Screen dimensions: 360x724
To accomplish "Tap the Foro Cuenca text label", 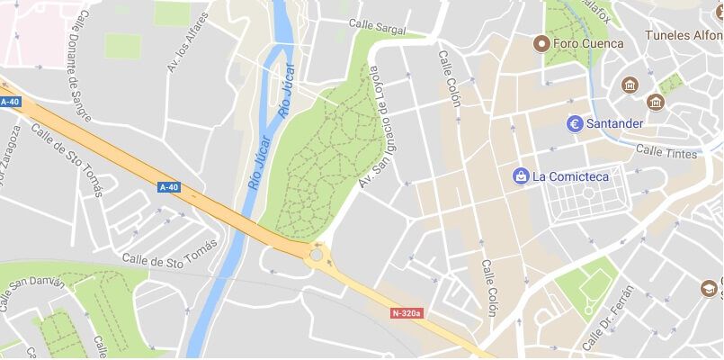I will [x=588, y=42].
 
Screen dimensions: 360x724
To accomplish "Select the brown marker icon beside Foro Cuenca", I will [x=541, y=42].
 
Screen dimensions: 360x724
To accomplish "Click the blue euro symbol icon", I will [x=576, y=122].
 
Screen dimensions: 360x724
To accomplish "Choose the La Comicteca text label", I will [x=570, y=175].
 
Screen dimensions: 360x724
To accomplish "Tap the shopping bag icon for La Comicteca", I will [x=520, y=175].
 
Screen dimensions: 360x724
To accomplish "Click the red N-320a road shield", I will [x=407, y=313].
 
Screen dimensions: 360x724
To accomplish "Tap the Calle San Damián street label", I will [x=32, y=293].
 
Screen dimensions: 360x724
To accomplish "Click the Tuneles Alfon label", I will [x=684, y=36].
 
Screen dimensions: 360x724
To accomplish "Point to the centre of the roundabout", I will [x=317, y=254].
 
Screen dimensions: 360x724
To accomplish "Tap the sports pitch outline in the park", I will [x=589, y=289].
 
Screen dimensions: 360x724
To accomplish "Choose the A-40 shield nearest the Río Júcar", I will [x=168, y=187].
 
